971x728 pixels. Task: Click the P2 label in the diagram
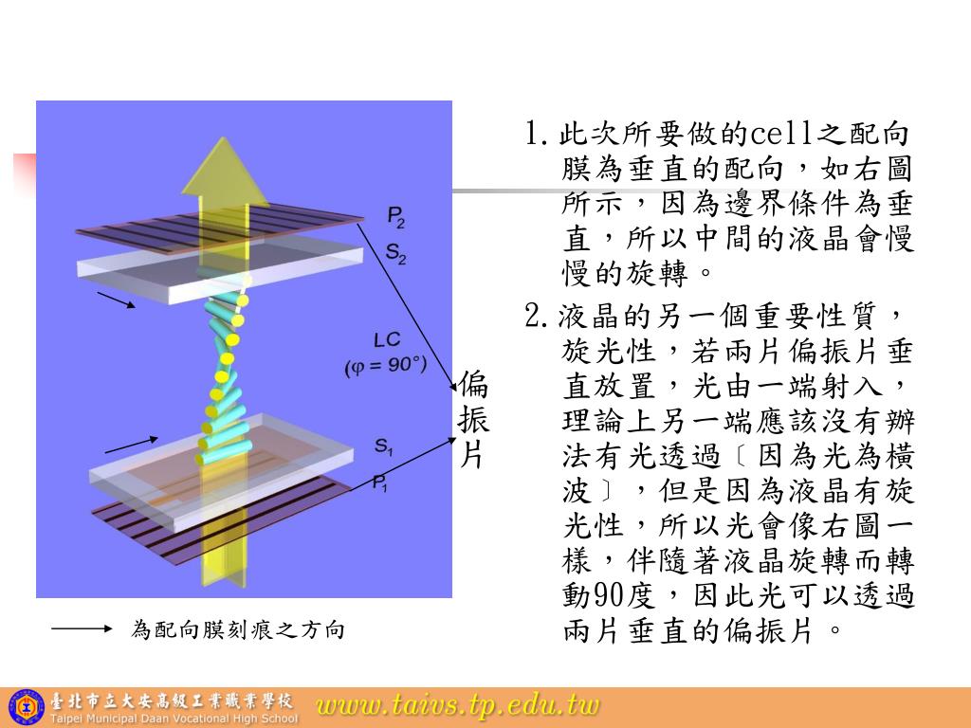point(395,217)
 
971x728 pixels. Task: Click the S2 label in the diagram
point(395,253)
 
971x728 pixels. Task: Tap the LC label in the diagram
point(387,340)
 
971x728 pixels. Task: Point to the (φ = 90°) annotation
point(386,365)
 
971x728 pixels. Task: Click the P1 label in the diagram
point(379,483)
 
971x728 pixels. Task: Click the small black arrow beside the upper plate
point(117,300)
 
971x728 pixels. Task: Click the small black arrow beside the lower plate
point(131,444)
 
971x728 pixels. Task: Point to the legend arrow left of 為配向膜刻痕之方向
point(82,628)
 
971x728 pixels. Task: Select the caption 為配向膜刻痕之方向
point(237,629)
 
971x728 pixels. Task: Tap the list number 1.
point(533,133)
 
